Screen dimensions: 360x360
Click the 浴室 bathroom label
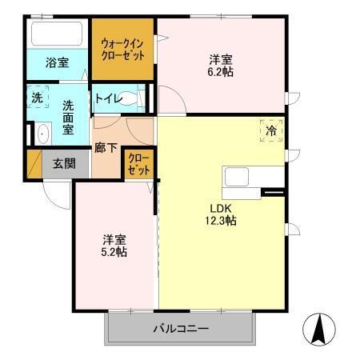[x=56, y=62]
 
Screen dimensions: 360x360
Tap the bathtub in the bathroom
[x=56, y=34]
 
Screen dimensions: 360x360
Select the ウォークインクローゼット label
[x=122, y=50]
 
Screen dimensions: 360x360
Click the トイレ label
[x=107, y=99]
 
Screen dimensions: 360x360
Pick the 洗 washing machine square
[x=38, y=98]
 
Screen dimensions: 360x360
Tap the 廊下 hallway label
[x=106, y=148]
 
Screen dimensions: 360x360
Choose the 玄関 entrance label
[x=64, y=163]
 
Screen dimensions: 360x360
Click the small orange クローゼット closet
[x=138, y=166]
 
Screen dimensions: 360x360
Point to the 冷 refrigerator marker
[x=270, y=130]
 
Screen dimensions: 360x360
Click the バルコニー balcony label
[x=180, y=329]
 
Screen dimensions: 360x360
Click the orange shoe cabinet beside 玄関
[x=34, y=164]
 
